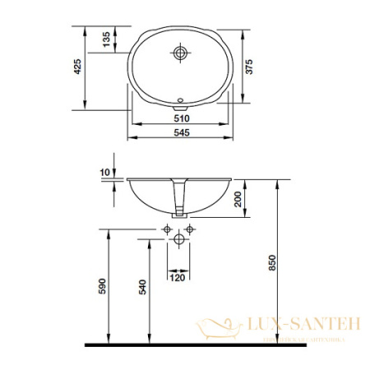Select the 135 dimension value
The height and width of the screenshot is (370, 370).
[x=105, y=39]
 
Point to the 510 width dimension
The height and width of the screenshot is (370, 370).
[x=179, y=118]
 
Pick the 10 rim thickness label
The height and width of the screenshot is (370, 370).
[x=104, y=171]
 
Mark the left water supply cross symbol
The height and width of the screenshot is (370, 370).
[x=168, y=228]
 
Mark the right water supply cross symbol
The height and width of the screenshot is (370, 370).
[x=189, y=228]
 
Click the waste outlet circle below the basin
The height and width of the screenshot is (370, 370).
[x=178, y=241]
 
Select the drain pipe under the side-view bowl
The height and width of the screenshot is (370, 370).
[x=179, y=201]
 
